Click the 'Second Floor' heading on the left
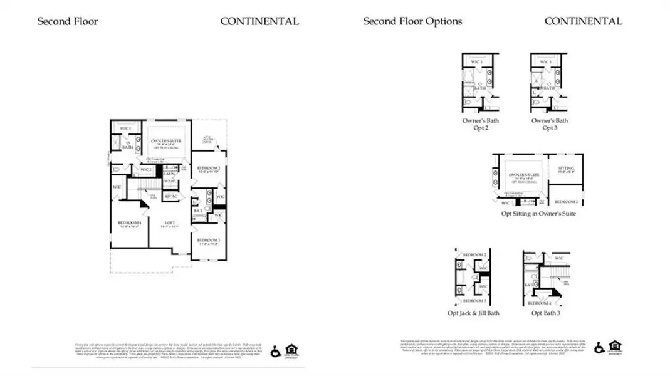coord(68,21)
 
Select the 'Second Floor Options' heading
coord(412,21)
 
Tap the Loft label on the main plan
coord(170,223)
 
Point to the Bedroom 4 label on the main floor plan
coord(130,223)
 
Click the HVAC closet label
coord(171,197)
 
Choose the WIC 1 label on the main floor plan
coord(126,128)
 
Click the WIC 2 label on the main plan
coord(145,170)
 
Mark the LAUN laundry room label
coord(169,174)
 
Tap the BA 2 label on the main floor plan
coord(197,211)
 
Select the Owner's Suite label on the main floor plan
coord(166,142)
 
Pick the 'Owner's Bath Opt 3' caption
coord(550,124)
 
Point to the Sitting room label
coord(566,169)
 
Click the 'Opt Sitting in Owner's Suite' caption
coord(538,214)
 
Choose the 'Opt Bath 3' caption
coord(545,313)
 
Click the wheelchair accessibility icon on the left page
coord(275,352)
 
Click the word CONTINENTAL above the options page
coord(583,21)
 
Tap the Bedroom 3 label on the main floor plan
coord(207,241)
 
